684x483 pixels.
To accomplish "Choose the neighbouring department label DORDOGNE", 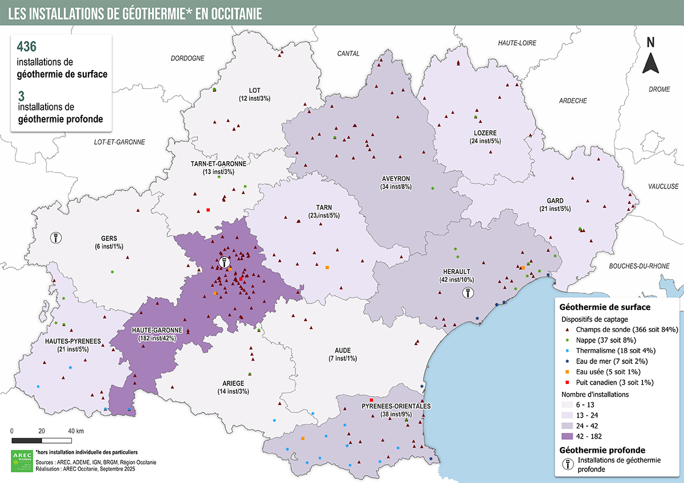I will pos(188,58).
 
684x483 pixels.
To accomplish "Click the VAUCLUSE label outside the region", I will pos(663,186).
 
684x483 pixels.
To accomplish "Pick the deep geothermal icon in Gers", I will pos(56,237).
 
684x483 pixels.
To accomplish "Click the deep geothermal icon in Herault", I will pos(467,293).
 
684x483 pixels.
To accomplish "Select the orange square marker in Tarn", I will pos(327,267).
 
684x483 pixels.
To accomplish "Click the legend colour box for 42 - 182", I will pos(572,436).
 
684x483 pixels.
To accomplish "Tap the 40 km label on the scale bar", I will pos(76,431).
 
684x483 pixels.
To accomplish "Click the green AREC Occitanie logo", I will pos(22,461).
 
